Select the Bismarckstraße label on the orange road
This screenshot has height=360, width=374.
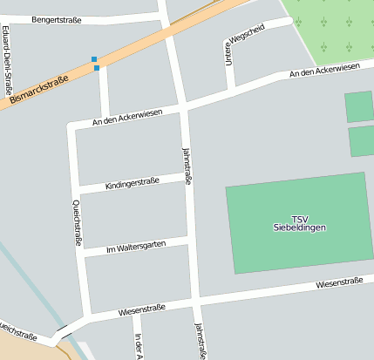click(39, 90)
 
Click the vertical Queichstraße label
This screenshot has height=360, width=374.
click(77, 221)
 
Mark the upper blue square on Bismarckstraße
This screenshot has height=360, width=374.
click(94, 59)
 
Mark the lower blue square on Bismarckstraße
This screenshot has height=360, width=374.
click(97, 67)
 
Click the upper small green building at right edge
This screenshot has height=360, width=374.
click(359, 106)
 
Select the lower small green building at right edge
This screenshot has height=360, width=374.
click(361, 141)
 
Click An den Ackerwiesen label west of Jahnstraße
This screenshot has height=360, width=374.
click(127, 117)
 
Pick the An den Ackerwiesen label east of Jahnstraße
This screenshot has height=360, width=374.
click(324, 69)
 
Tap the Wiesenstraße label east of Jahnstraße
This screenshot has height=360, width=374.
click(339, 282)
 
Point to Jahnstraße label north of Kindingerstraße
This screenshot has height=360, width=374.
click(187, 165)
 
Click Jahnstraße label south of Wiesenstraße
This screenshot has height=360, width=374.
click(202, 341)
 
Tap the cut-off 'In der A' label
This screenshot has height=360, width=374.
click(138, 347)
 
